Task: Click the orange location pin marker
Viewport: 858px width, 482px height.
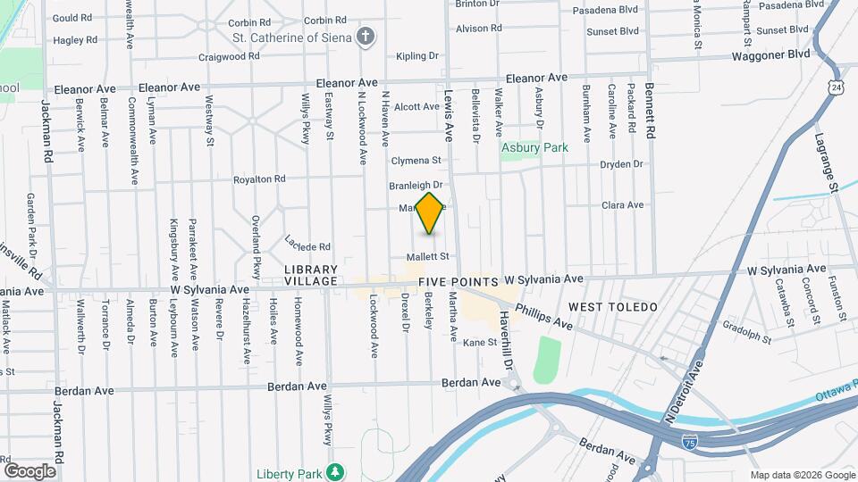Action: click(x=430, y=213)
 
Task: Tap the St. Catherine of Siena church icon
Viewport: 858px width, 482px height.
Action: click(x=365, y=37)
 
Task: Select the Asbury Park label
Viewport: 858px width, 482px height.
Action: click(x=534, y=147)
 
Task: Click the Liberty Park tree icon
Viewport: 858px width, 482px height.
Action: click(x=335, y=470)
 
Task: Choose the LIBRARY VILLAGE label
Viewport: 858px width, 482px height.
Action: click(x=311, y=275)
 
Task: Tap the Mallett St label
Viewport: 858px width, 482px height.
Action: click(x=426, y=256)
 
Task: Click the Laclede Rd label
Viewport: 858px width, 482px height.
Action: click(x=308, y=243)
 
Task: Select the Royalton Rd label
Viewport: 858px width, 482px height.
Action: click(x=259, y=179)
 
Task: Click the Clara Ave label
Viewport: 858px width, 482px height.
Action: click(x=623, y=204)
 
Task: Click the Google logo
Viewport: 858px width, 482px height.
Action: click(x=29, y=470)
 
